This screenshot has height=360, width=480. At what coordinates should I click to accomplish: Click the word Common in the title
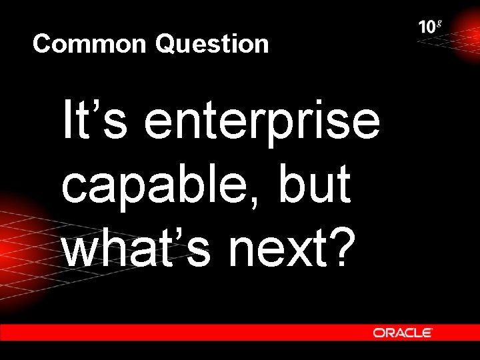point(89,45)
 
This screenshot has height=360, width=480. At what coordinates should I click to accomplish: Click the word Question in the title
point(212,45)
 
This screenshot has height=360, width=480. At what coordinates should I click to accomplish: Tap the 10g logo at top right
point(429,27)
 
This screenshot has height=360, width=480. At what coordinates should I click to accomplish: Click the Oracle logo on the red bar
point(403,332)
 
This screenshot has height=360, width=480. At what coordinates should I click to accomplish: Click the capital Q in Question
point(167,45)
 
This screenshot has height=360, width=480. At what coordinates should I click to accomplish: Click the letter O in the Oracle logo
point(379,332)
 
